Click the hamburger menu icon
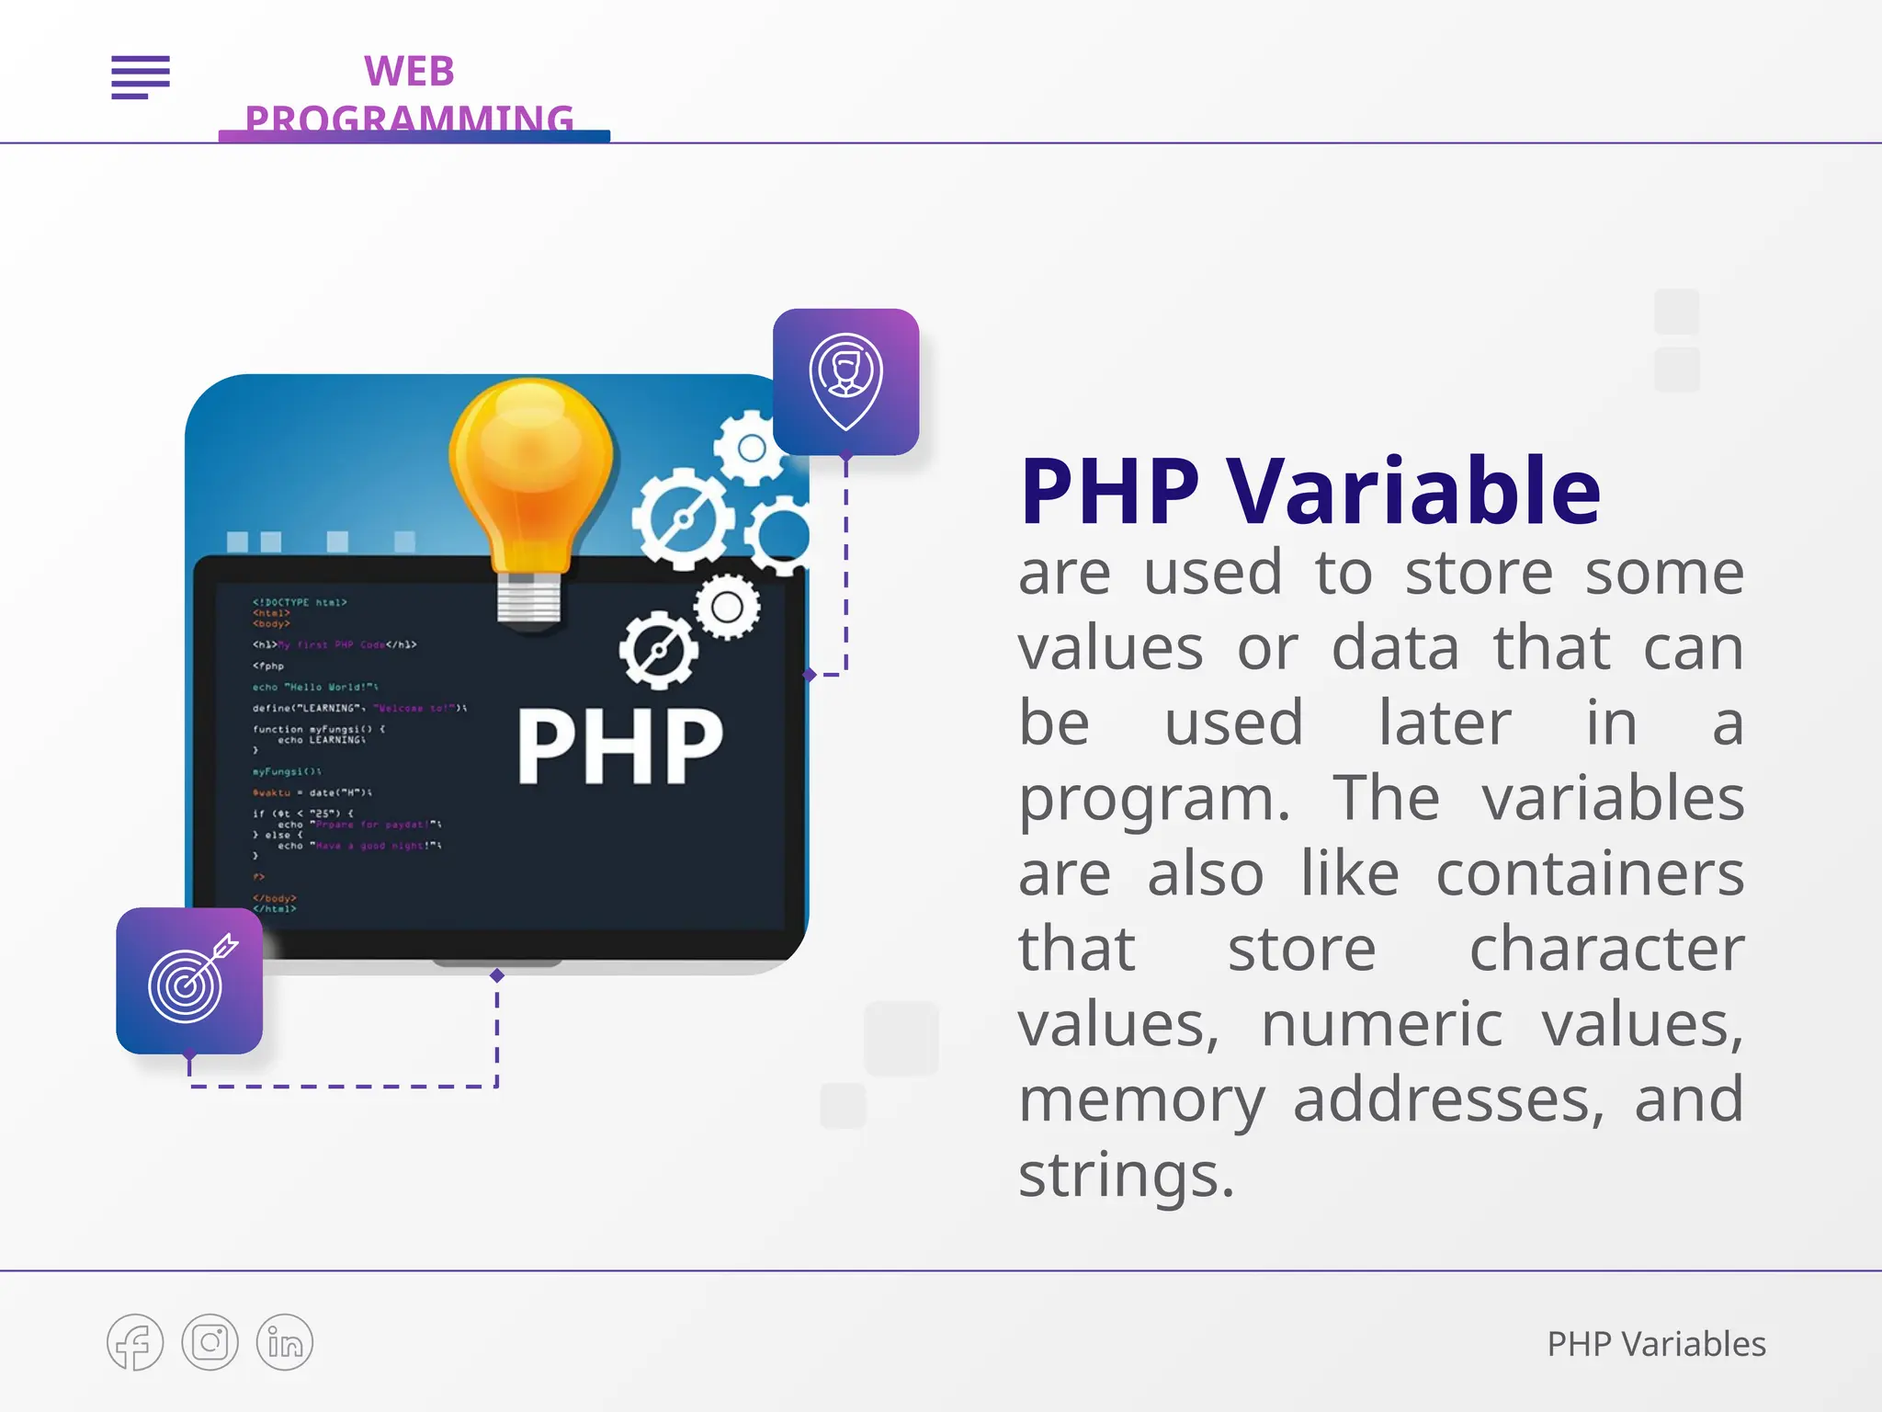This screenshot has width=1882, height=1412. [141, 76]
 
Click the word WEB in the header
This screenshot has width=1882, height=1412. [409, 72]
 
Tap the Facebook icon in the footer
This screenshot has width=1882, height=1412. [135, 1342]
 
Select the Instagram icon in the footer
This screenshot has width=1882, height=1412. [210, 1342]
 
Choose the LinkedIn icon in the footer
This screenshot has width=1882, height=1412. [285, 1342]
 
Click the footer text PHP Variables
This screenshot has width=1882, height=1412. [1656, 1344]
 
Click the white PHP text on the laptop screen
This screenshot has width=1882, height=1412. [620, 746]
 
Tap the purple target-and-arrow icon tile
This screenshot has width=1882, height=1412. [189, 981]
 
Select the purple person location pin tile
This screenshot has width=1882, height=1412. [845, 381]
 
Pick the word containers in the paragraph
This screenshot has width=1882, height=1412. [1590, 873]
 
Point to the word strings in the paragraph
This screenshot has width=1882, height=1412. [1126, 1175]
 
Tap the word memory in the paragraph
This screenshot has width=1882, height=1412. [1140, 1099]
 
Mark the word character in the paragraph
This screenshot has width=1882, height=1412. [1606, 949]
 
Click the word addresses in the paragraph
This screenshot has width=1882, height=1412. [1448, 1099]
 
